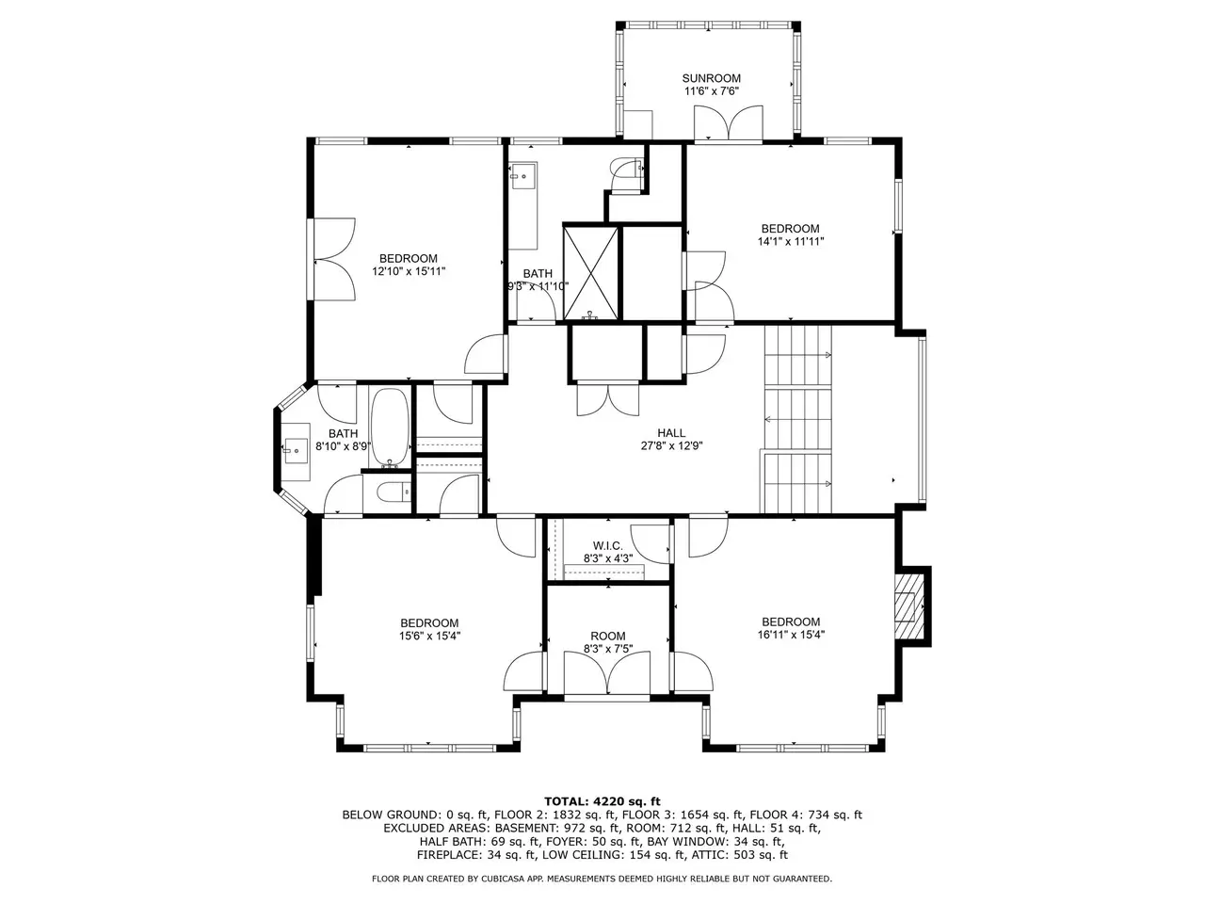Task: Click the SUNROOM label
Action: [711, 78]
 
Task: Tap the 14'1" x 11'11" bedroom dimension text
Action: [791, 241]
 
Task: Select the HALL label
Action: [671, 433]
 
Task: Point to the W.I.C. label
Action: [608, 545]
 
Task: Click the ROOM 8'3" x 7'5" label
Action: [608, 642]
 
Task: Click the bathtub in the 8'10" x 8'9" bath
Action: [391, 428]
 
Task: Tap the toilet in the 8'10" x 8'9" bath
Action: [394, 492]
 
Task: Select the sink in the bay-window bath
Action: [296, 451]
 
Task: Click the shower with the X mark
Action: [590, 272]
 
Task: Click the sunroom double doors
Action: [729, 122]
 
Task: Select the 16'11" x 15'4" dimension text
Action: [791, 635]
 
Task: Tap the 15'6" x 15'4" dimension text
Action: [429, 636]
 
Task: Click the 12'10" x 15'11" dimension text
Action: [409, 271]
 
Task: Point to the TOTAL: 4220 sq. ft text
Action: [602, 802]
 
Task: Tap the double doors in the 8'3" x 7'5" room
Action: [607, 674]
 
